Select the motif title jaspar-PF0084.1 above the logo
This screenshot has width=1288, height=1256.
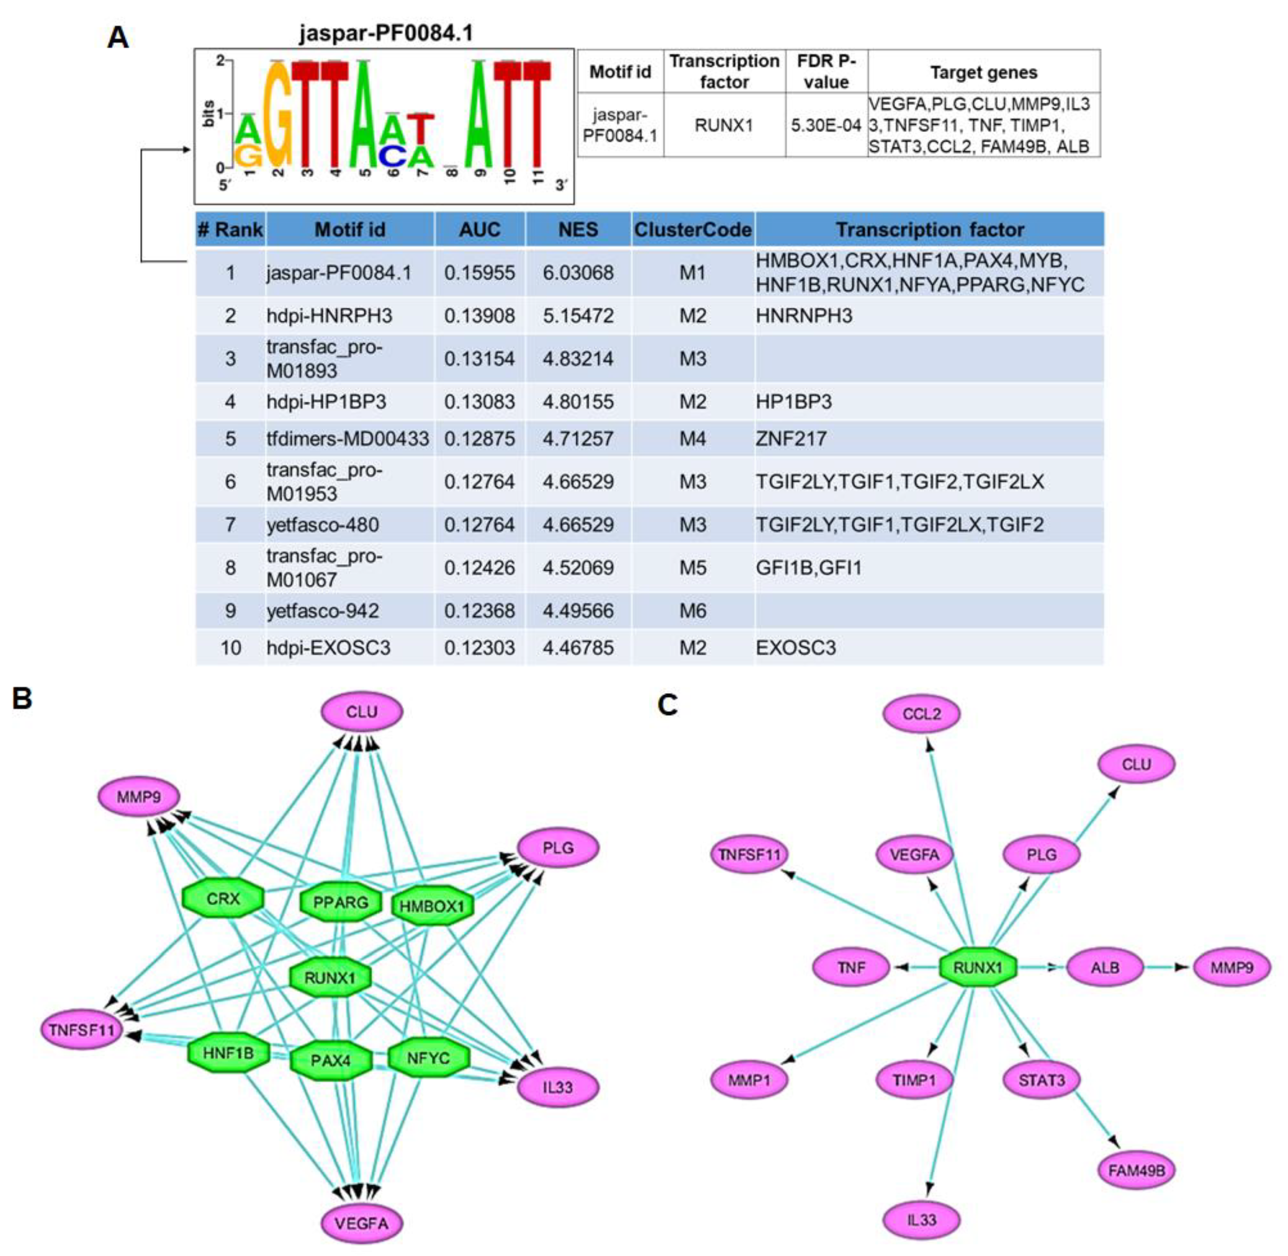[x=386, y=32]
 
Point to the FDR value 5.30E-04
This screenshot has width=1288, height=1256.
[x=826, y=126]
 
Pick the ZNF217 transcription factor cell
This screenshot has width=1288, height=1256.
[x=791, y=438]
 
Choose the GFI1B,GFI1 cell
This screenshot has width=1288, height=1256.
[x=808, y=567]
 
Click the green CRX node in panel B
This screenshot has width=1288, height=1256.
[x=223, y=899]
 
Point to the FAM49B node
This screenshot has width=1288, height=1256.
[x=1136, y=1170]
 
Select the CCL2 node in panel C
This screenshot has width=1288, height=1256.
[x=921, y=714]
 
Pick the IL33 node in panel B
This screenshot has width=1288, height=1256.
[x=558, y=1087]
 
